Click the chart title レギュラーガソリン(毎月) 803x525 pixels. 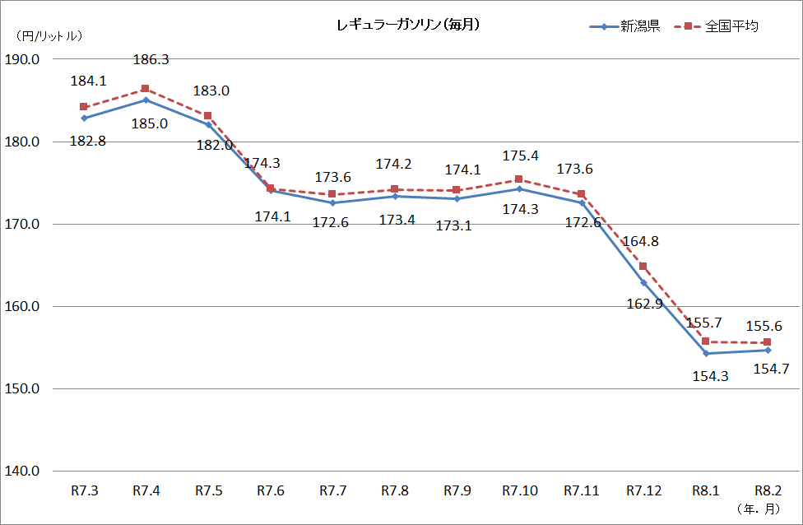click(x=408, y=26)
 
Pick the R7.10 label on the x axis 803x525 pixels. click(x=519, y=491)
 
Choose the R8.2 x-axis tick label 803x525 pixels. click(x=768, y=491)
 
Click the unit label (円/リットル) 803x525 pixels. click(x=49, y=35)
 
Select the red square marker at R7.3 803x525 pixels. click(x=84, y=107)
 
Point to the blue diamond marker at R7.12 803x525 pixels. click(x=643, y=282)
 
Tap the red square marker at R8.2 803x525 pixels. click(x=768, y=342)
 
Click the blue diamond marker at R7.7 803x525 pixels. click(x=332, y=202)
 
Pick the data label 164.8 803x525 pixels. click(x=643, y=242)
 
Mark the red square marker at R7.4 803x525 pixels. click(x=146, y=89)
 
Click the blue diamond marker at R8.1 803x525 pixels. click(x=706, y=354)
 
